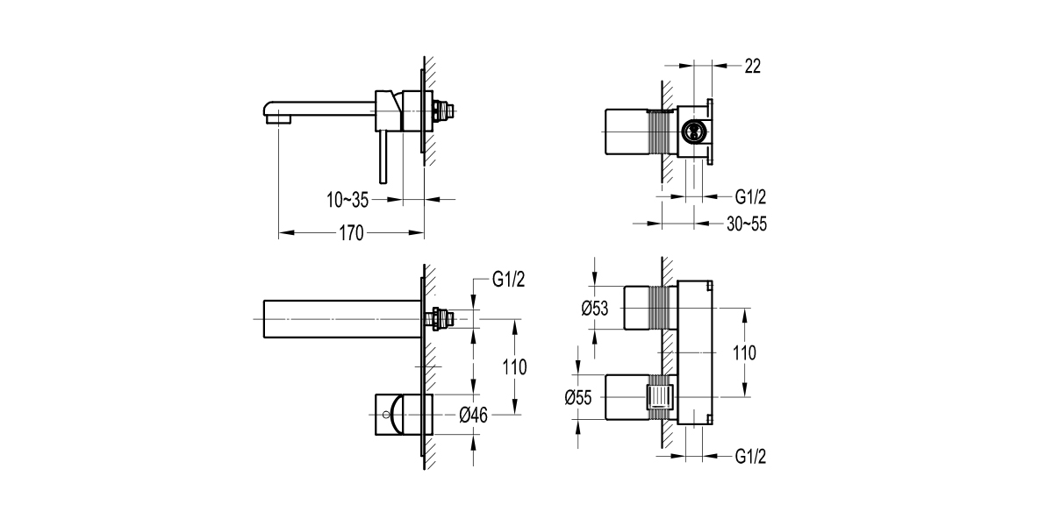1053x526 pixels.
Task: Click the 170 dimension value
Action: [351, 233]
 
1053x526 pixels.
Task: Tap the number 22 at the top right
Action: [752, 65]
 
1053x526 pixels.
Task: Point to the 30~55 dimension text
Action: [747, 224]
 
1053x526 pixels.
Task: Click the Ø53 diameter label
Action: [596, 308]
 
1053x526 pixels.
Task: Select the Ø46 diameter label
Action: [473, 415]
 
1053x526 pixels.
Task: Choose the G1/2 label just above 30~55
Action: [752, 197]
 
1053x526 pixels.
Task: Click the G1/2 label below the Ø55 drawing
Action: [752, 457]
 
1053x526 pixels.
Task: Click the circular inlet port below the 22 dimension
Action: [693, 132]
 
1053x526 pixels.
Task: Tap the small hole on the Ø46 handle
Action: [383, 414]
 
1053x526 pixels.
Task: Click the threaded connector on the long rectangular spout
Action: [444, 318]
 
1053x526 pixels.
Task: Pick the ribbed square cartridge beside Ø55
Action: [659, 396]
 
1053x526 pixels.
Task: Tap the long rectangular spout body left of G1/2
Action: [338, 317]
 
